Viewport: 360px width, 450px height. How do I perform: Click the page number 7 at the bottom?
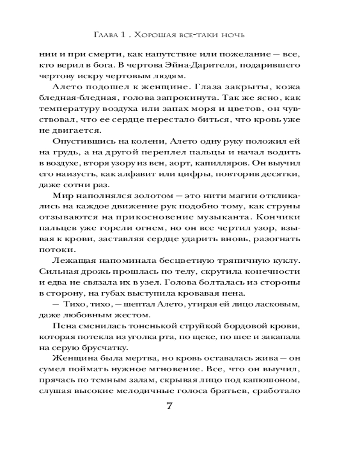(x=170, y=405)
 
